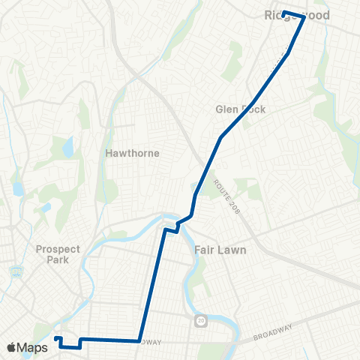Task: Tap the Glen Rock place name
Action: click(x=241, y=109)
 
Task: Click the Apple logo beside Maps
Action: click(x=12, y=347)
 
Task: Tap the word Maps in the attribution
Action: click(x=33, y=347)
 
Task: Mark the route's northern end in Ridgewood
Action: click(x=283, y=13)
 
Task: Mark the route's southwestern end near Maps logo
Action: click(x=56, y=339)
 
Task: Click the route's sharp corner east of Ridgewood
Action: click(x=304, y=17)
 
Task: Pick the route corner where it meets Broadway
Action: click(x=138, y=340)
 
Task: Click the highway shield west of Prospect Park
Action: click(x=13, y=271)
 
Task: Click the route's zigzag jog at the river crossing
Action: click(x=178, y=226)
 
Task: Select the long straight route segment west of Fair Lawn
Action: click(x=151, y=285)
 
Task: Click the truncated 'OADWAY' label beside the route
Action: click(x=151, y=342)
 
